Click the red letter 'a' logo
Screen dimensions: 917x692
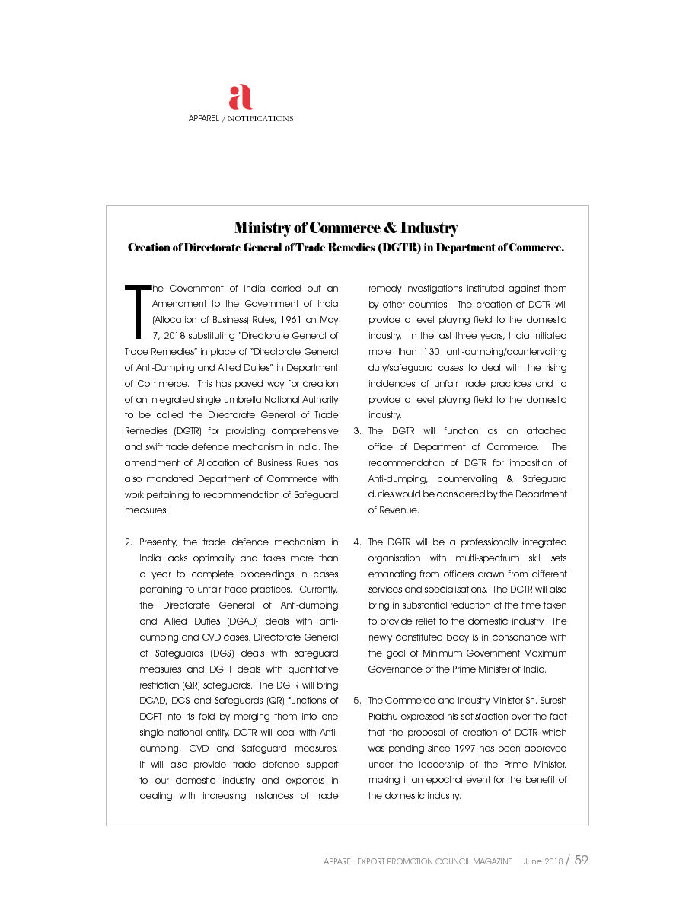point(241,97)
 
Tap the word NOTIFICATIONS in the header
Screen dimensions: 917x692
point(261,119)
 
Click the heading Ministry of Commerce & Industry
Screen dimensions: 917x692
point(346,228)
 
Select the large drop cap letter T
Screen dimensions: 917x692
point(137,311)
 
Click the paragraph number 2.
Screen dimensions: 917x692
point(127,542)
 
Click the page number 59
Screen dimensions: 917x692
point(581,860)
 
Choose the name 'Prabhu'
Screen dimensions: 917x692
point(384,717)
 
